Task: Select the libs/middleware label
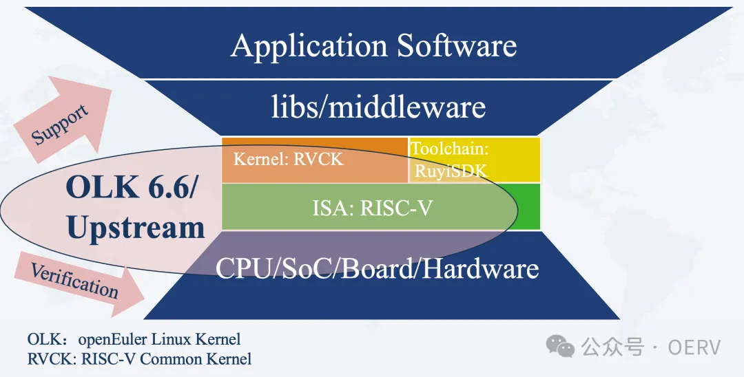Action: tap(378, 107)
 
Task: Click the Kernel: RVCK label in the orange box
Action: tap(288, 160)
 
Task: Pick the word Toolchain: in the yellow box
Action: tap(449, 148)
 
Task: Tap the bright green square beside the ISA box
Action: tap(529, 206)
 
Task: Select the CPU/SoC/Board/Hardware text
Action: tap(377, 268)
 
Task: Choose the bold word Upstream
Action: tap(136, 228)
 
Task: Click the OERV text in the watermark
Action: tap(694, 347)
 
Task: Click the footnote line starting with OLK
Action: tap(134, 339)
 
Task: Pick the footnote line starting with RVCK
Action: tap(139, 358)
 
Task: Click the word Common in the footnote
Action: tap(167, 358)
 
